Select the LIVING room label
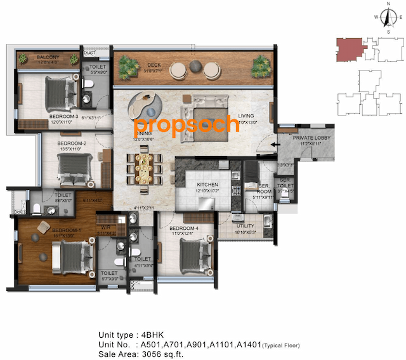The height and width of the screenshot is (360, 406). tap(246, 116)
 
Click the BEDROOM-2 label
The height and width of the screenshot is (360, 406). tap(71, 143)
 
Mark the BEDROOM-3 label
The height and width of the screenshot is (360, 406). tap(63, 117)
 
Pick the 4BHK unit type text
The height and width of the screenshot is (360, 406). tap(159, 335)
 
